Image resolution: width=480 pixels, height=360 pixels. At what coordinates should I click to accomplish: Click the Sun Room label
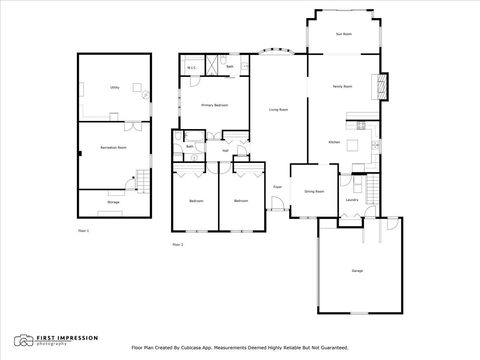tap(343, 34)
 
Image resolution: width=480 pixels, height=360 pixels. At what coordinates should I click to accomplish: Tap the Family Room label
tap(343, 87)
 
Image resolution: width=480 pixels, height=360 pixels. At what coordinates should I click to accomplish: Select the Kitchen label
tap(335, 143)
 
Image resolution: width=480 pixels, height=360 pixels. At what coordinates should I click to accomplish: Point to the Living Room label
tap(278, 109)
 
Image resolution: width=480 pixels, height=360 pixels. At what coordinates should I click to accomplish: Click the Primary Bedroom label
tap(215, 104)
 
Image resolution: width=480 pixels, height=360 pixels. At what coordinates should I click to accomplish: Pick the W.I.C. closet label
tap(191, 69)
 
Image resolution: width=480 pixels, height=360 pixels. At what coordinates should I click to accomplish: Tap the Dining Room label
tap(313, 190)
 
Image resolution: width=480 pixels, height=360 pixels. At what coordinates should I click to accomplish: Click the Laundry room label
tap(352, 200)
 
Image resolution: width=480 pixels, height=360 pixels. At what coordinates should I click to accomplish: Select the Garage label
tap(357, 271)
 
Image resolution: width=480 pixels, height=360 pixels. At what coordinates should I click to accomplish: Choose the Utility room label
tap(114, 88)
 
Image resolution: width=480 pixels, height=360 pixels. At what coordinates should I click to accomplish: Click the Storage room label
tap(113, 202)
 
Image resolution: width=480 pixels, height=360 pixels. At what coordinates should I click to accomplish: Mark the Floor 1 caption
tap(84, 231)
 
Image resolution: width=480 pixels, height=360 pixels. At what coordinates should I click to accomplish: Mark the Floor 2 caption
tap(178, 244)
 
